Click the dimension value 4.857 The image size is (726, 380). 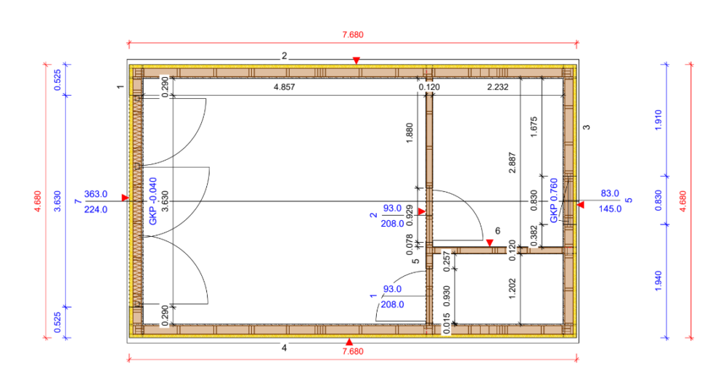pyautogui.click(x=285, y=86)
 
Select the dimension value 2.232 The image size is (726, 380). pyautogui.click(x=498, y=86)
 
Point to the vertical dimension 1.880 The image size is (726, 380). pyautogui.click(x=409, y=133)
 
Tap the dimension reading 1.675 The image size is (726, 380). pyautogui.click(x=534, y=126)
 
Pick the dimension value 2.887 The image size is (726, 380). pyautogui.click(x=512, y=163)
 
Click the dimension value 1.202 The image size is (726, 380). pyautogui.click(x=512, y=288)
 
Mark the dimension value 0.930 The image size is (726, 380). pyautogui.click(x=446, y=296)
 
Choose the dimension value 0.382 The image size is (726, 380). pyautogui.click(x=534, y=236)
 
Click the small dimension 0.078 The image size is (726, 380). pyautogui.click(x=409, y=245)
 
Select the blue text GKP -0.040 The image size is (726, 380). pyautogui.click(x=153, y=201)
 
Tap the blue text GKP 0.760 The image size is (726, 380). pyautogui.click(x=554, y=201)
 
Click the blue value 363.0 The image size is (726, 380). pyautogui.click(x=96, y=194)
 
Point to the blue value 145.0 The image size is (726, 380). pyautogui.click(x=610, y=209)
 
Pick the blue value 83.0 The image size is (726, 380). pyautogui.click(x=610, y=193)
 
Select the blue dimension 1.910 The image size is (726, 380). pyautogui.click(x=658, y=120)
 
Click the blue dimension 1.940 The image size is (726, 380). pyautogui.click(x=658, y=281)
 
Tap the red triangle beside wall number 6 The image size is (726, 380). pyautogui.click(x=489, y=243)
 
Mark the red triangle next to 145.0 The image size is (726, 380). pyautogui.click(x=581, y=205)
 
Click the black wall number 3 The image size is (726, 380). pyautogui.click(x=587, y=127)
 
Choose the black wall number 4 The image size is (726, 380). pyautogui.click(x=285, y=347)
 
